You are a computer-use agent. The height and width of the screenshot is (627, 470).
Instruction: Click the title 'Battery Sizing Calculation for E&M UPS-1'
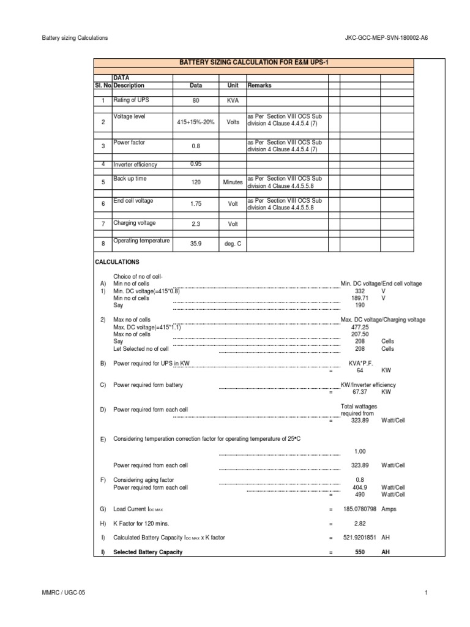point(253,63)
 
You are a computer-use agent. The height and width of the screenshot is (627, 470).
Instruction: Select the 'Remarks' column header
point(259,86)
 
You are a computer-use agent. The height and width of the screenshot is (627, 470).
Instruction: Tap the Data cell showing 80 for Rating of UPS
point(196,100)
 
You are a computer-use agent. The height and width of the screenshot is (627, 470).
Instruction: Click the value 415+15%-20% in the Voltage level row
point(196,122)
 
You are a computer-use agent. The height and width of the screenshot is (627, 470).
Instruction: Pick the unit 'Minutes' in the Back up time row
point(233,182)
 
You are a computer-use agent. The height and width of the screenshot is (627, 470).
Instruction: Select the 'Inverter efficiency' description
point(135,165)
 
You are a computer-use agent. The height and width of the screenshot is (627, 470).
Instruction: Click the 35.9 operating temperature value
point(196,243)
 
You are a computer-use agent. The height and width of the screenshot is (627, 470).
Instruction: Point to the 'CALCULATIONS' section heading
point(117,261)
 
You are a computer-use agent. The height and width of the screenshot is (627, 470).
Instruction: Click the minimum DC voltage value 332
point(360,291)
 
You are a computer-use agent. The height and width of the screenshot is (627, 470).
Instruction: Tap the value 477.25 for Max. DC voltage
point(360,327)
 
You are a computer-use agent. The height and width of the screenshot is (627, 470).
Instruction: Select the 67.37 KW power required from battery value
point(360,392)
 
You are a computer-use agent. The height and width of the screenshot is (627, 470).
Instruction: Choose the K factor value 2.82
point(360,524)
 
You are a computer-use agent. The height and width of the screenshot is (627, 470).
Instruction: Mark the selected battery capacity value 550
point(360,552)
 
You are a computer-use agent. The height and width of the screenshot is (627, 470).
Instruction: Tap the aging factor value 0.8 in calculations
point(360,480)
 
